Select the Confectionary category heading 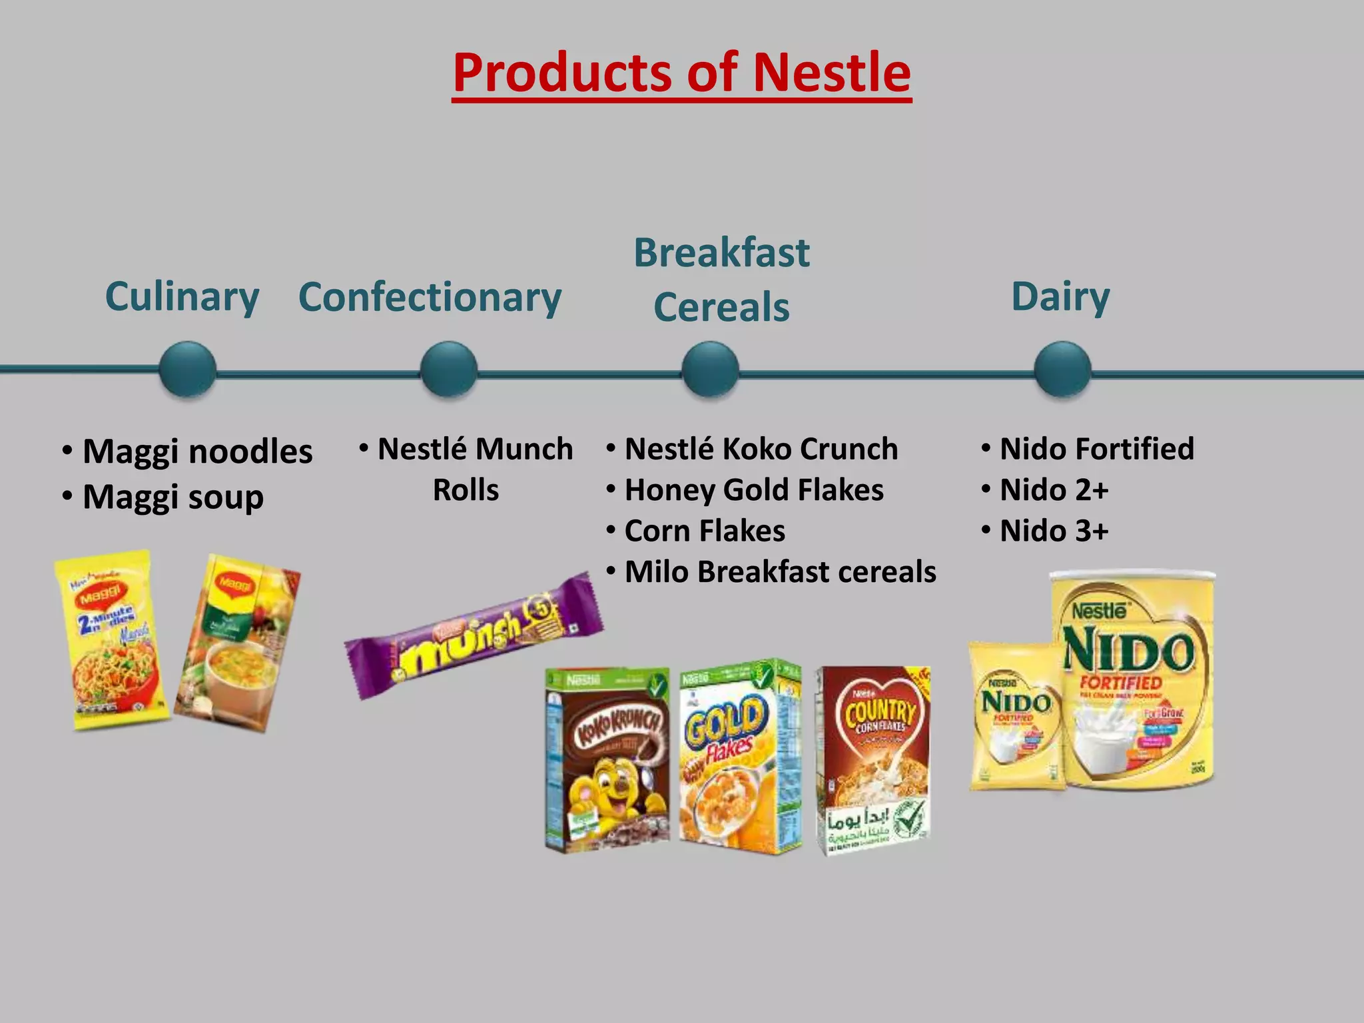(x=430, y=297)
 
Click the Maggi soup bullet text (x=172, y=497)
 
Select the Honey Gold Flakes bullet (x=753, y=490)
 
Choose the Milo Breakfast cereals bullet (x=780, y=572)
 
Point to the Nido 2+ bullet (x=1054, y=490)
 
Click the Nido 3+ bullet (x=1054, y=531)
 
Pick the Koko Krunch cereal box (x=607, y=760)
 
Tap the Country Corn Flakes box (x=874, y=760)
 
